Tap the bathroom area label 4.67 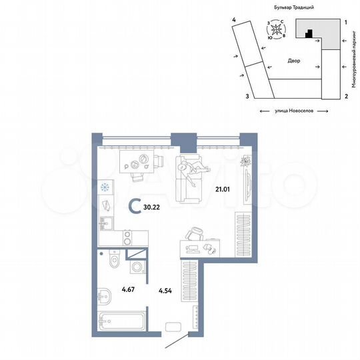129,289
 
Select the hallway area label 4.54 165,291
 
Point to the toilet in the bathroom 113,260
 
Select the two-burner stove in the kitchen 127,239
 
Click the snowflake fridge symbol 104,187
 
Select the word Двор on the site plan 294,61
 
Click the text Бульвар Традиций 293,6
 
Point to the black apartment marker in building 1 307,33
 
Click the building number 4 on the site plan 234,21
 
